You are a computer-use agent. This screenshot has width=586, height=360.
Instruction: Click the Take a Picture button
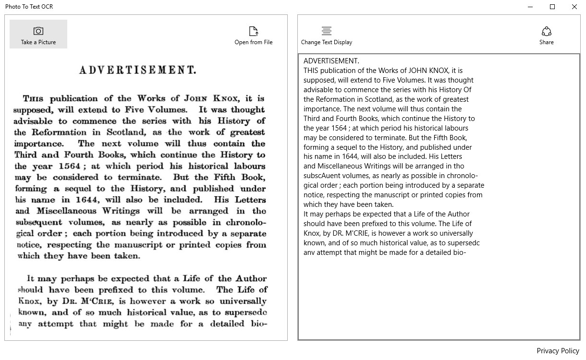pyautogui.click(x=38, y=35)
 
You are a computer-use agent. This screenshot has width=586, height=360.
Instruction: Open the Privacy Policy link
pyautogui.click(x=558, y=351)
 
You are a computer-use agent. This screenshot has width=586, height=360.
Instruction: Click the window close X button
pyautogui.click(x=574, y=7)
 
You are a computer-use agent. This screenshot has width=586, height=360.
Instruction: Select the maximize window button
pyautogui.click(x=552, y=7)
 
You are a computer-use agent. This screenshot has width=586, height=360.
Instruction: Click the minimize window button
pyautogui.click(x=531, y=7)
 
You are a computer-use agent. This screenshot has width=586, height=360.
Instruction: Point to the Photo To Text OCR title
pyautogui.click(x=29, y=7)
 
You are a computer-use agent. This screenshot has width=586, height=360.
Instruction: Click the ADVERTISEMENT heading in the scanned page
pyautogui.click(x=138, y=71)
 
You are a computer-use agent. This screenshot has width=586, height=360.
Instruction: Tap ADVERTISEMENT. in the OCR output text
pyautogui.click(x=331, y=61)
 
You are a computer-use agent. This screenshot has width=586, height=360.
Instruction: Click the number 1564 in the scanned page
pyautogui.click(x=70, y=167)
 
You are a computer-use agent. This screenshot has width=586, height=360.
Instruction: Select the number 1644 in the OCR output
pyautogui.click(x=353, y=156)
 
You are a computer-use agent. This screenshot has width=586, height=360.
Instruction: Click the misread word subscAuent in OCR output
pyautogui.click(x=322, y=176)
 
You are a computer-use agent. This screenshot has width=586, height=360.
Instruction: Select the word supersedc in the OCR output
pyautogui.click(x=464, y=243)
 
